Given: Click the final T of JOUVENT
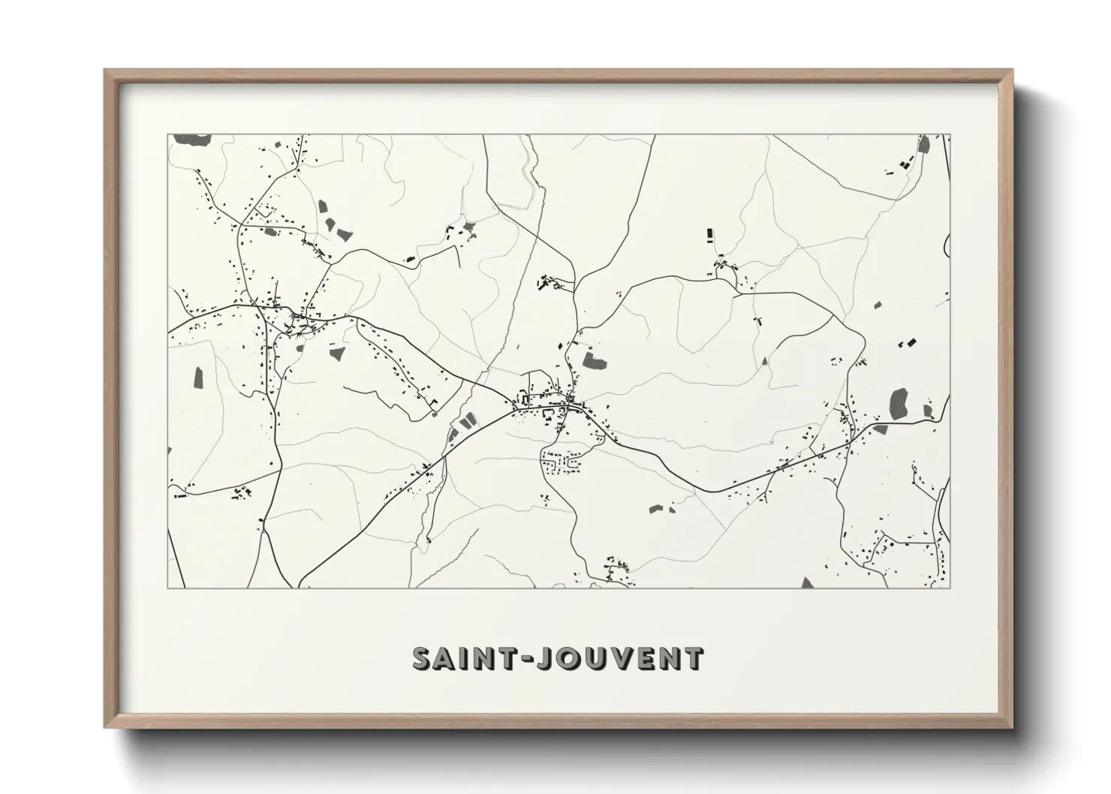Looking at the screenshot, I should (693, 658).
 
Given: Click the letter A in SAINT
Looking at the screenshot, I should (448, 658).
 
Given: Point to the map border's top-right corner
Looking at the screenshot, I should (950, 135).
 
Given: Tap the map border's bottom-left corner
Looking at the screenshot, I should (168, 588).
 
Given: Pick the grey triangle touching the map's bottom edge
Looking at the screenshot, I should (807, 583).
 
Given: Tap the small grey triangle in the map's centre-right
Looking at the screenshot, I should (765, 361).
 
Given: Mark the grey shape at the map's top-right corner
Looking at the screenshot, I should (924, 144).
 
